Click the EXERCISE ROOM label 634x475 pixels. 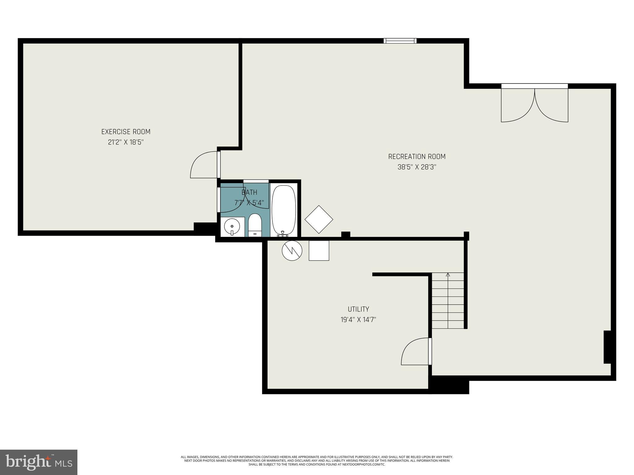click(126, 132)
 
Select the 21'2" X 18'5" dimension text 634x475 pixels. click(126, 142)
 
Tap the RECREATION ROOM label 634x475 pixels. click(417, 156)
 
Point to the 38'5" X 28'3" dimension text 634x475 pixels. click(417, 167)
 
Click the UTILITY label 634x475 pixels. click(358, 309)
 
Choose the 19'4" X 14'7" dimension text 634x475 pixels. click(358, 319)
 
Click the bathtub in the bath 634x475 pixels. click(284, 211)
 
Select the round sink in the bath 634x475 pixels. click(232, 227)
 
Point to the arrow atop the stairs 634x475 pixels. click(448, 275)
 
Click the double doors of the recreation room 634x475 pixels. click(534, 105)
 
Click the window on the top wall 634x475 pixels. click(400, 41)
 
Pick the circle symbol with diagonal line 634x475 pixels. click(292, 250)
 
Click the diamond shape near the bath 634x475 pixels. click(319, 220)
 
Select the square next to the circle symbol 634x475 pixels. click(319, 250)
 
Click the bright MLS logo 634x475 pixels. click(39, 462)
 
